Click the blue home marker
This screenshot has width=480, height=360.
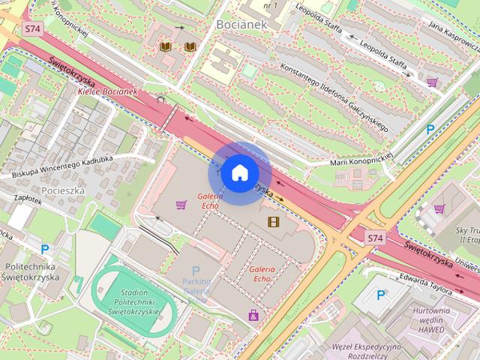click(239, 173)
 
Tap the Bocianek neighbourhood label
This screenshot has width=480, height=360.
click(241, 24)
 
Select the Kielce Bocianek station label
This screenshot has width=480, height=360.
click(107, 91)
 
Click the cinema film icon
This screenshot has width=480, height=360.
click(273, 221)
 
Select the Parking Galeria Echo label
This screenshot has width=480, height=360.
click(196, 286)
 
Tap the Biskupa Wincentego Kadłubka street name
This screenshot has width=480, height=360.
click(72, 166)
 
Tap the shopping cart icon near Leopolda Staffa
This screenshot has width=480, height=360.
click(432, 82)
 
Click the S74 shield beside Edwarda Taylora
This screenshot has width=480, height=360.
click(376, 238)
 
